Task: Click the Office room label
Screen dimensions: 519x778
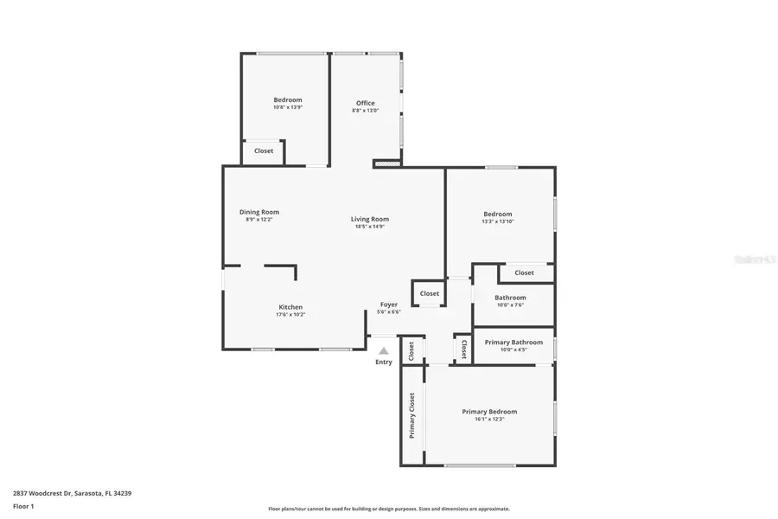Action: pyautogui.click(x=365, y=103)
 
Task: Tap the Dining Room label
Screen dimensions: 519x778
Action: pyautogui.click(x=259, y=212)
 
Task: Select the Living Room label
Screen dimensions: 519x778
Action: pyautogui.click(x=369, y=219)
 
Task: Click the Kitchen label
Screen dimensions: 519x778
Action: pyautogui.click(x=290, y=307)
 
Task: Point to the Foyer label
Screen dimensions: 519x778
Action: pyautogui.click(x=389, y=304)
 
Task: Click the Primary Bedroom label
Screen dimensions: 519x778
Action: pyautogui.click(x=489, y=412)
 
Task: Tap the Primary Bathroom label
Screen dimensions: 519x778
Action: pyautogui.click(x=513, y=343)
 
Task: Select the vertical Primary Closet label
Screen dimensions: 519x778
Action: pyautogui.click(x=412, y=415)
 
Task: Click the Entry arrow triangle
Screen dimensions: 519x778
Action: pyautogui.click(x=384, y=351)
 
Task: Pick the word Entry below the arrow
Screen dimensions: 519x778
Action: pyautogui.click(x=384, y=362)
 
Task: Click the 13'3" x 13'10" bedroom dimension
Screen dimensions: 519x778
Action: pyautogui.click(x=498, y=222)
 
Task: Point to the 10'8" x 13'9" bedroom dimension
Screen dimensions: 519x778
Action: pyautogui.click(x=288, y=107)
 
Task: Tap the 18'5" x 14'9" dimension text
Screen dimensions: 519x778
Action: pyautogui.click(x=369, y=227)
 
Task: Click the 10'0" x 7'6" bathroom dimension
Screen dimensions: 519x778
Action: pyautogui.click(x=510, y=304)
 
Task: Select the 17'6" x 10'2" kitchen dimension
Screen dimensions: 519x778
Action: pyautogui.click(x=290, y=315)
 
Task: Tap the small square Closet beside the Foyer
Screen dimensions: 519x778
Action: pyautogui.click(x=430, y=293)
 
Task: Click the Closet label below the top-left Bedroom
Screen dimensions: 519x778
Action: pyautogui.click(x=264, y=151)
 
